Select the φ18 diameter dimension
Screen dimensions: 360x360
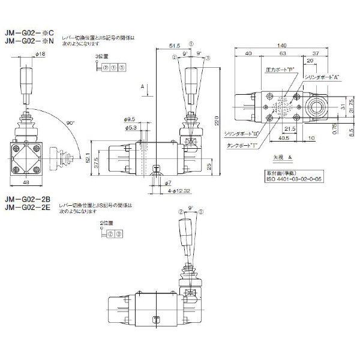tap(41, 56)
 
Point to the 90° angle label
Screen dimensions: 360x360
tap(70, 122)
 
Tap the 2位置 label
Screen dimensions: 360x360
tap(107, 222)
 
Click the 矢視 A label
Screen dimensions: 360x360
tap(281, 157)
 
